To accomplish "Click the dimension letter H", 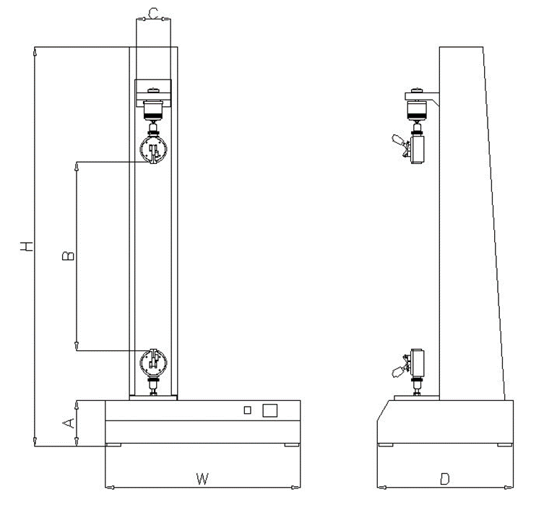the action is point(27,246).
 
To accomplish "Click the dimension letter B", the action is point(68,256).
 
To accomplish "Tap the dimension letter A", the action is point(69,423).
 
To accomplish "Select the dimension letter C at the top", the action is point(153,13).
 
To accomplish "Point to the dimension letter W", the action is point(202,479).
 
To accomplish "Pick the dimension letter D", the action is point(444,479).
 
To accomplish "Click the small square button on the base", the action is point(247,410).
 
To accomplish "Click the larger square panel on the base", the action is point(270,410).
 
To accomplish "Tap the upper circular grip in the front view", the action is point(153,149).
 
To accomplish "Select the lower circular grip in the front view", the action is point(153,363).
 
